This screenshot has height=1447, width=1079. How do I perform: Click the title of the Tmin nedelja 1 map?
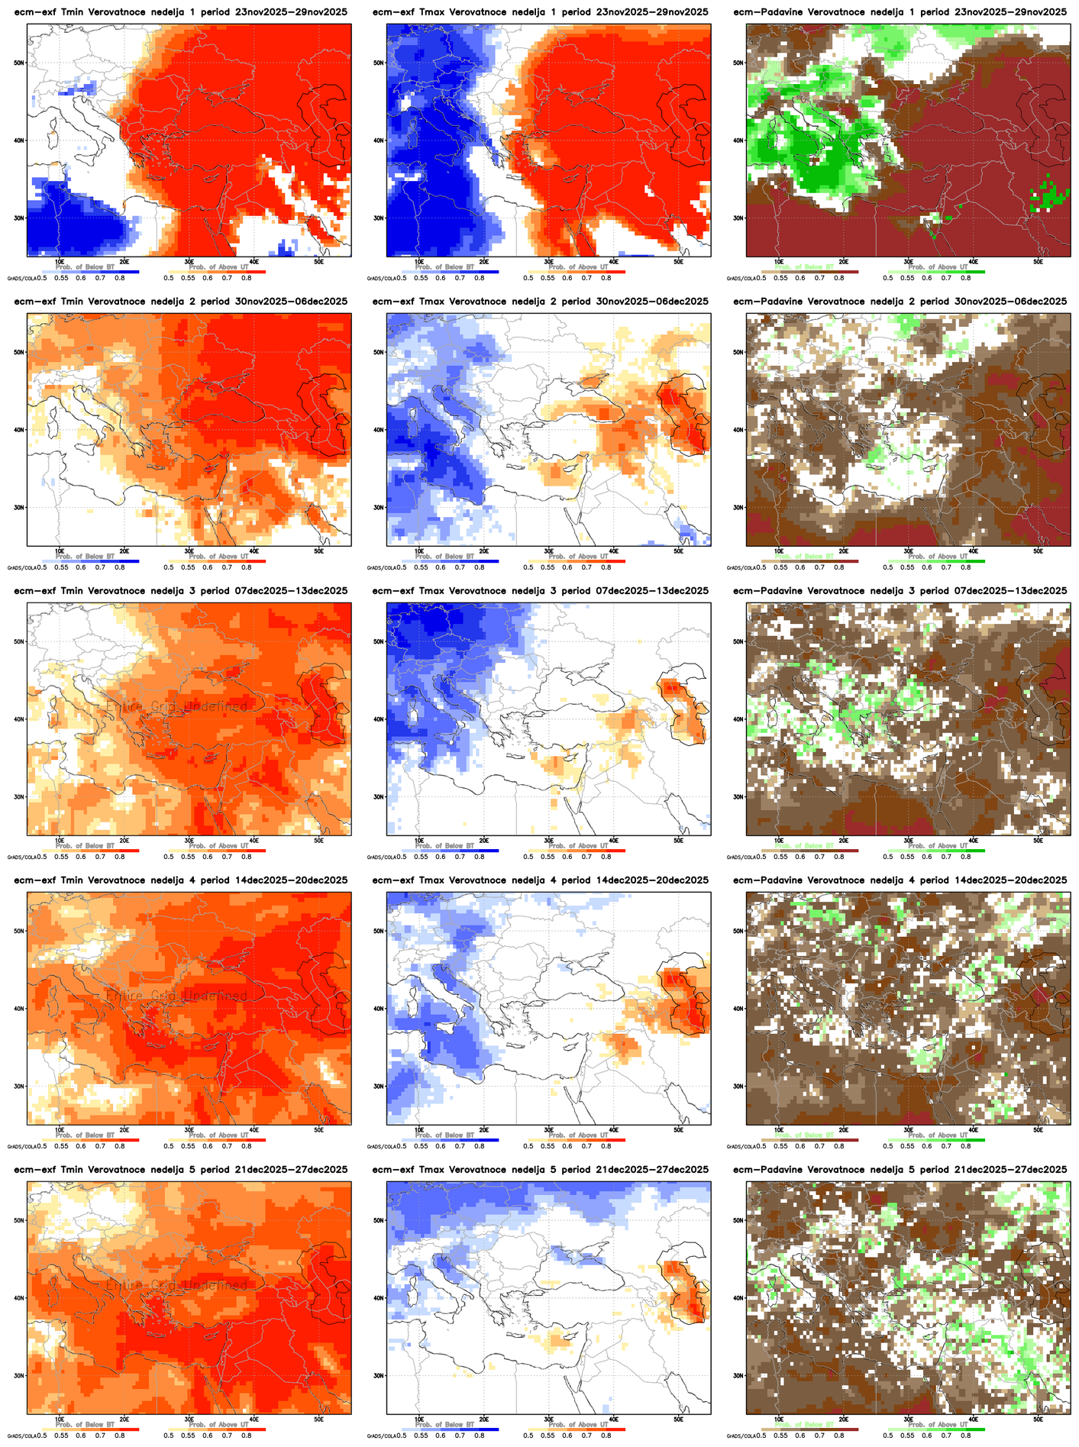click(x=180, y=12)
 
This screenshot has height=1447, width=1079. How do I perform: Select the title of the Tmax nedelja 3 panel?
click(x=541, y=591)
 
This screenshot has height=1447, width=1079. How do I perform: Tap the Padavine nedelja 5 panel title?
click(x=900, y=1170)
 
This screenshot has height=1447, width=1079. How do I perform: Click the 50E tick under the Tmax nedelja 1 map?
click(x=678, y=262)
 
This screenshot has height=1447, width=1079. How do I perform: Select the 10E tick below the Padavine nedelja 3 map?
click(x=779, y=841)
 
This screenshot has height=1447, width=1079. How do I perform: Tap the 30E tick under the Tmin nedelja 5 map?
click(x=189, y=1420)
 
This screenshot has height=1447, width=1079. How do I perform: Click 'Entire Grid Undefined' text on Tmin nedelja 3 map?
click(x=176, y=706)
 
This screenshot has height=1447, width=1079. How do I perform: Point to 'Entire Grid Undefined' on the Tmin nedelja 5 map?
click(x=176, y=1285)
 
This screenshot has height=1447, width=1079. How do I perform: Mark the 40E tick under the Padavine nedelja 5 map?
click(x=973, y=1420)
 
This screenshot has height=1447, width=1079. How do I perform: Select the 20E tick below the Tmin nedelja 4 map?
click(x=124, y=1130)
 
